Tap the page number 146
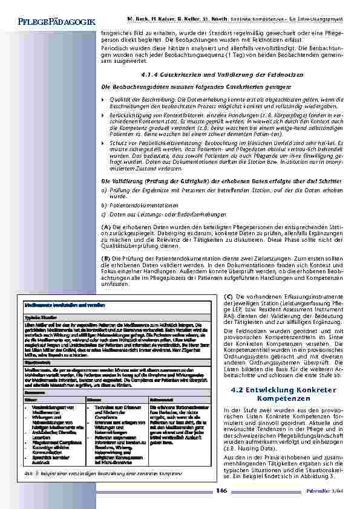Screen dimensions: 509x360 coord(221,490)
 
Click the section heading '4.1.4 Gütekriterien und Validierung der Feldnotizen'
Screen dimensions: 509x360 coord(201,74)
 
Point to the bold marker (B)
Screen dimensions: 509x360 coord(105,259)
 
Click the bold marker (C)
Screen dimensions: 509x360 coord(228,296)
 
